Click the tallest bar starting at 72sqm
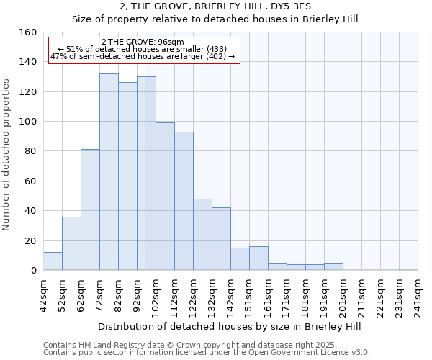(x=109, y=172)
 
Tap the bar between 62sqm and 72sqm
(x=90, y=210)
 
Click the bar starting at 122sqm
(x=202, y=235)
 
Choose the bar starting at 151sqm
(x=258, y=258)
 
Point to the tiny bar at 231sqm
(x=408, y=269)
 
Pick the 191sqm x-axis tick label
(x=324, y=295)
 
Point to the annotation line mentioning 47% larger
(x=143, y=56)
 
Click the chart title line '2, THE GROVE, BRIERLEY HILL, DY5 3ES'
(x=215, y=6)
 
